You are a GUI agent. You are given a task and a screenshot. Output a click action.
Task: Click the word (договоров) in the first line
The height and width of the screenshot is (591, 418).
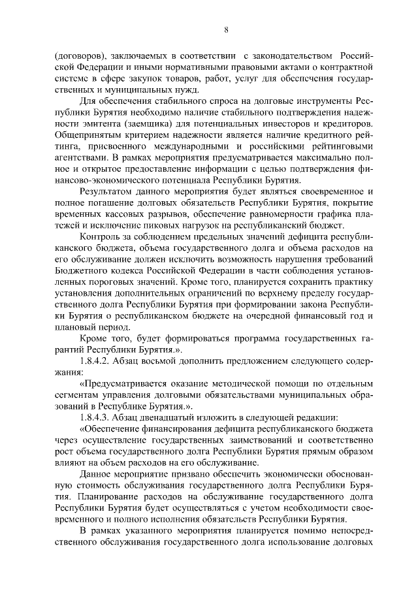click(78, 55)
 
